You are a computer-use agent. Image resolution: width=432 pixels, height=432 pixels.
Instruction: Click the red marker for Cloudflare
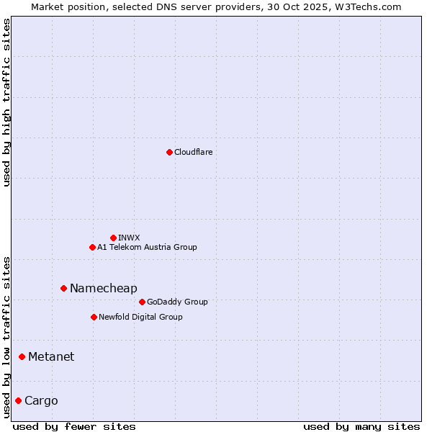[x=169, y=152]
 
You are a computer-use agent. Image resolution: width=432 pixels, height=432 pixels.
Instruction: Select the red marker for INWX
[x=113, y=238]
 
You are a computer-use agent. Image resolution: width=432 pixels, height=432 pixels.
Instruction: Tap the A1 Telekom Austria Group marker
[x=92, y=247]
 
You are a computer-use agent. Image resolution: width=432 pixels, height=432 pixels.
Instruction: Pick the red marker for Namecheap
[x=63, y=288]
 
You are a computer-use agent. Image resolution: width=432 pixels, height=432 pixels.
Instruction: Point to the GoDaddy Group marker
[x=142, y=302]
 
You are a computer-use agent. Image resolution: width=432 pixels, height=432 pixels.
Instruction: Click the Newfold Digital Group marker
[x=94, y=317]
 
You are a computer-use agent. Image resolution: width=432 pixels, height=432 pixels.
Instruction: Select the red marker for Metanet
[x=22, y=356]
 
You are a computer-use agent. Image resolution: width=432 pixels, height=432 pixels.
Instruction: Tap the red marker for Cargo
[x=18, y=400]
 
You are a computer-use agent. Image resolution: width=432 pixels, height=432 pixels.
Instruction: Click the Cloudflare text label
[x=194, y=152]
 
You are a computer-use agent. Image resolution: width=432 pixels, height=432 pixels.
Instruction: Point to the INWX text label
[x=130, y=238]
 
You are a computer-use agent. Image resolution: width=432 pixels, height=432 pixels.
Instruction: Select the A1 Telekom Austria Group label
[x=147, y=247]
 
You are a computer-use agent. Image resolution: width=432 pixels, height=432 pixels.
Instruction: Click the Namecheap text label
[x=103, y=288]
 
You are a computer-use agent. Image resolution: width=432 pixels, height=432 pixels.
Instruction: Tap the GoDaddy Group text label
[x=177, y=302]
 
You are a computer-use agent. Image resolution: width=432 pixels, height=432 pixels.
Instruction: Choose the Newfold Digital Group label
[x=140, y=317]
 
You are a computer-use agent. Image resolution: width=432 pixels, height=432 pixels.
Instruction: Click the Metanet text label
[x=51, y=356]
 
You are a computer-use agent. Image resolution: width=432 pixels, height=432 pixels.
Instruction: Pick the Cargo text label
[x=41, y=400]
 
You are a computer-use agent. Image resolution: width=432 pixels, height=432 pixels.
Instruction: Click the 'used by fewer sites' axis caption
[x=74, y=426]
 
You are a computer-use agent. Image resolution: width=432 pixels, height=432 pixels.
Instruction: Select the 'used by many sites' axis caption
[x=361, y=426]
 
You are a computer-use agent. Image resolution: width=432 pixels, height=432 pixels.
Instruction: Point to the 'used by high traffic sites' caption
[x=6, y=102]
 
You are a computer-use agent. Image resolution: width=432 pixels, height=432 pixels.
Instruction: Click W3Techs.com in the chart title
[x=368, y=6]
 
